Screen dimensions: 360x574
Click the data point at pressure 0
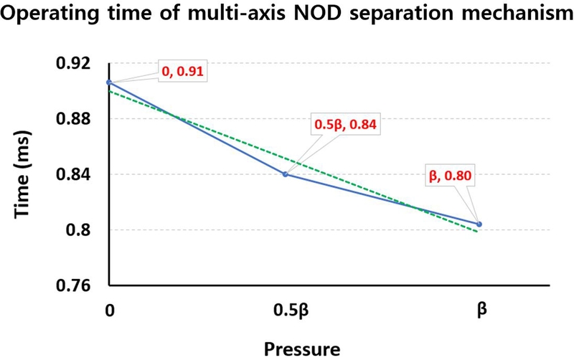tap(108, 82)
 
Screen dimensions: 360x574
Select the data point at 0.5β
tap(286, 174)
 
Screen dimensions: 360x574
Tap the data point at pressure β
tap(479, 224)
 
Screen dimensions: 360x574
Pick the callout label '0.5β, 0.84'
tap(346, 124)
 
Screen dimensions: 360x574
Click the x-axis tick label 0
tap(108, 313)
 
